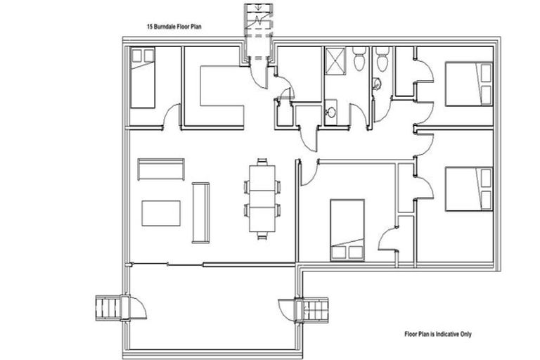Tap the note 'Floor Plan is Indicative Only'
[x=437, y=334]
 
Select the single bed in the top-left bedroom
[x=143, y=78]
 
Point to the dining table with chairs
[x=262, y=198]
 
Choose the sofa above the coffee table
[x=161, y=169]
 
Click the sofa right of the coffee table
[x=200, y=212]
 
